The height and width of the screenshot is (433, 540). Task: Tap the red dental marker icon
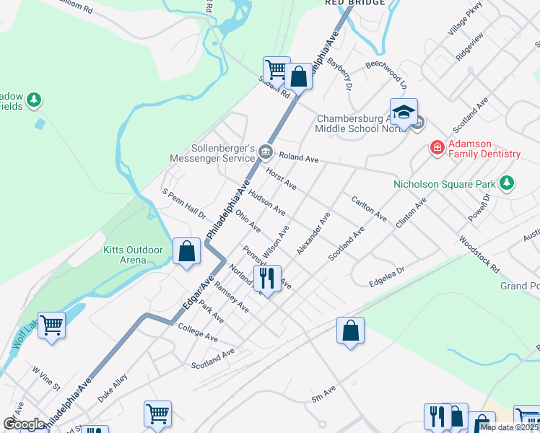click(x=437, y=148)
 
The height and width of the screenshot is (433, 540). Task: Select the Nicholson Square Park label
click(x=445, y=184)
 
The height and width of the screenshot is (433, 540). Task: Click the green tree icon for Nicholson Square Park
click(x=508, y=183)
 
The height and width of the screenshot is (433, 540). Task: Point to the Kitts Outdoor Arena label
click(x=134, y=255)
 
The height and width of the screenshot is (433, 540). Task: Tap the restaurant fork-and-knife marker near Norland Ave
click(x=267, y=277)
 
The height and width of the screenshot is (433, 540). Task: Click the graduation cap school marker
click(x=404, y=112)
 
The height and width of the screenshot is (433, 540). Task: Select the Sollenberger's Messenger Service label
click(x=211, y=152)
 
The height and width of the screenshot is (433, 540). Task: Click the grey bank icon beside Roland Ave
click(x=266, y=152)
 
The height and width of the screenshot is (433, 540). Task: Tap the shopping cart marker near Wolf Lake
click(x=52, y=325)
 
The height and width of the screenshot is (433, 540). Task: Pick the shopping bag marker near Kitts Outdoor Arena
click(x=186, y=252)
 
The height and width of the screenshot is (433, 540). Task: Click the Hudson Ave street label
click(x=266, y=201)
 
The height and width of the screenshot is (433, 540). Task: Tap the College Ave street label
click(x=198, y=332)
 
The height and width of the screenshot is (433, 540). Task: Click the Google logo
click(x=24, y=424)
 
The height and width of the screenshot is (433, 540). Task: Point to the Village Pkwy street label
click(x=464, y=18)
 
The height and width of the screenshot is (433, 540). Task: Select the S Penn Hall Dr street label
click(x=184, y=204)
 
